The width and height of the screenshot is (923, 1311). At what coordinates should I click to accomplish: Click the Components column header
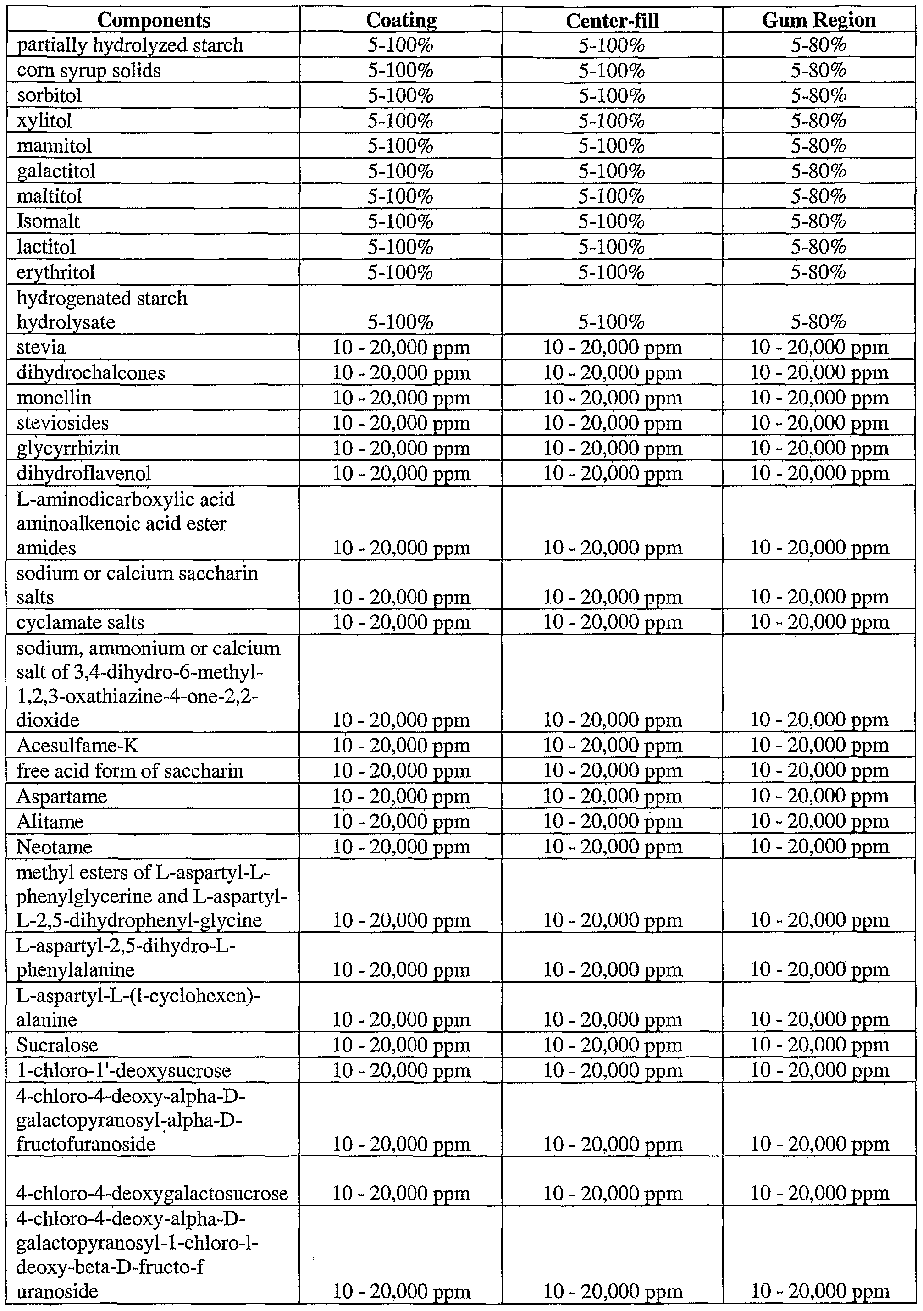click(154, 21)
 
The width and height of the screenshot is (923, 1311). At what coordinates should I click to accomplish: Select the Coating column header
click(401, 21)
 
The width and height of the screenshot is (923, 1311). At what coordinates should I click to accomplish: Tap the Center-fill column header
click(612, 21)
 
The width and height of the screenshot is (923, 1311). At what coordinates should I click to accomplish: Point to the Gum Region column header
click(818, 21)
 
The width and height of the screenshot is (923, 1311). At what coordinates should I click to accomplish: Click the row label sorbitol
click(49, 95)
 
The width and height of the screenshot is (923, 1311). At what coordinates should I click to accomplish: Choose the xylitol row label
click(44, 121)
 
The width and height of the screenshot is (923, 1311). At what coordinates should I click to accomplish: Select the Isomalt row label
click(48, 221)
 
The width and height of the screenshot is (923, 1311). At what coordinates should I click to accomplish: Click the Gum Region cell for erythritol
click(818, 272)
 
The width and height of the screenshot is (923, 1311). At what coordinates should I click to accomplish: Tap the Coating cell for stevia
click(401, 347)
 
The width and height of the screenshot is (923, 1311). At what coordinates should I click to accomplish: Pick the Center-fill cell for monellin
click(612, 398)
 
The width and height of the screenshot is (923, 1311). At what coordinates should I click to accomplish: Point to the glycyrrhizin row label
click(68, 448)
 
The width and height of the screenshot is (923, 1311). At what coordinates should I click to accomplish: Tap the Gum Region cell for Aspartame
click(819, 796)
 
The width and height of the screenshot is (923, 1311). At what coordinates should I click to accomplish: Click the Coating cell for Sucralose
click(401, 1045)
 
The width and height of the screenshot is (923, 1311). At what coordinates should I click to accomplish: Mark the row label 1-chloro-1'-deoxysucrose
click(124, 1070)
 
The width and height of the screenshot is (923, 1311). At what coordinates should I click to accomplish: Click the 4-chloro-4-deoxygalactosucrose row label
click(152, 1193)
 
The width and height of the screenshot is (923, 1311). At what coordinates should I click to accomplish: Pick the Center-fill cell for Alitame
click(612, 821)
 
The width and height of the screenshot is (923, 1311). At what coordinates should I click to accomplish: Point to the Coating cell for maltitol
click(401, 196)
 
